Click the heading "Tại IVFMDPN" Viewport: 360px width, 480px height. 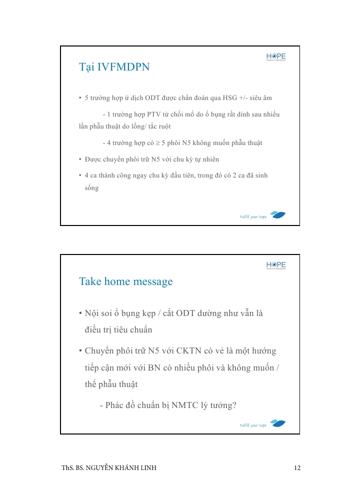pyautogui.click(x=114, y=67)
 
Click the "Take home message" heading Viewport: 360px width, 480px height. pyautogui.click(x=126, y=281)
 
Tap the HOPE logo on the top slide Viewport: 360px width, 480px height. pyautogui.click(x=276, y=57)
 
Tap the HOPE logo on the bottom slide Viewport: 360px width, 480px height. pyautogui.click(x=276, y=265)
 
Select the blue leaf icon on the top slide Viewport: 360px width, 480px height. pyautogui.click(x=278, y=215)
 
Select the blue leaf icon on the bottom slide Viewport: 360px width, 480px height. pyautogui.click(x=278, y=423)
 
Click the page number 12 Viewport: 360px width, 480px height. pyautogui.click(x=297, y=468)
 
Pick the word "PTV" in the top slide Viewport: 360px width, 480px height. pyautogui.click(x=153, y=114)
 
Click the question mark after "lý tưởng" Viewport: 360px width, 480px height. pyautogui.click(x=234, y=405)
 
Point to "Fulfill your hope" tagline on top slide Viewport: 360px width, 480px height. pyautogui.click(x=253, y=216)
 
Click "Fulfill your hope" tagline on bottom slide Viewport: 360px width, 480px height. pyautogui.click(x=253, y=425)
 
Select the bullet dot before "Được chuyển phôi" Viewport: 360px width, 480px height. pyautogui.click(x=80, y=159)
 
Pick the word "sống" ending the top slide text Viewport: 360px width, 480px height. pyautogui.click(x=91, y=188)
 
